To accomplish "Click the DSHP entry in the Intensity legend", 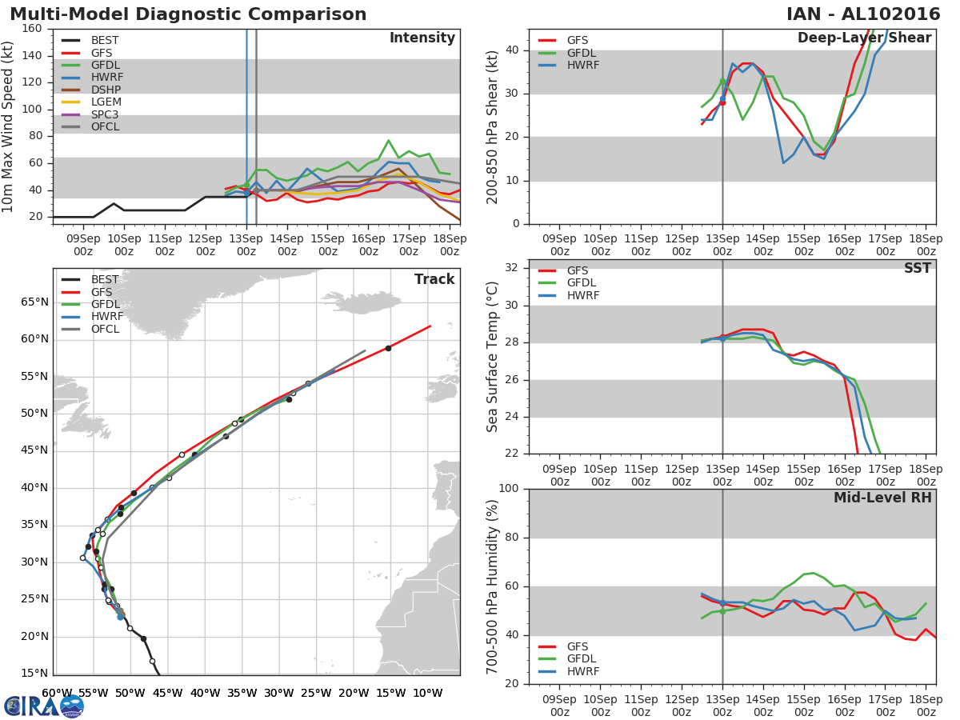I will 106,90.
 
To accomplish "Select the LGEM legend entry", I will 106,102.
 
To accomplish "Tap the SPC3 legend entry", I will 106,115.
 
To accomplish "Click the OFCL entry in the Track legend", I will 106,330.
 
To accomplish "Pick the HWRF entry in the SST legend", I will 583,296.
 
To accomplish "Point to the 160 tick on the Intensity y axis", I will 32,29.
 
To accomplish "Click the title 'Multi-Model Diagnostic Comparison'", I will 188,14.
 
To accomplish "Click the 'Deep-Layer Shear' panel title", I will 864,38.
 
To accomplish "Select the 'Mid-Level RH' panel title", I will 882,498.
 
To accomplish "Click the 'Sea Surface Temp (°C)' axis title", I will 493,356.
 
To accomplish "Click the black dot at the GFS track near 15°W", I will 388,348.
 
